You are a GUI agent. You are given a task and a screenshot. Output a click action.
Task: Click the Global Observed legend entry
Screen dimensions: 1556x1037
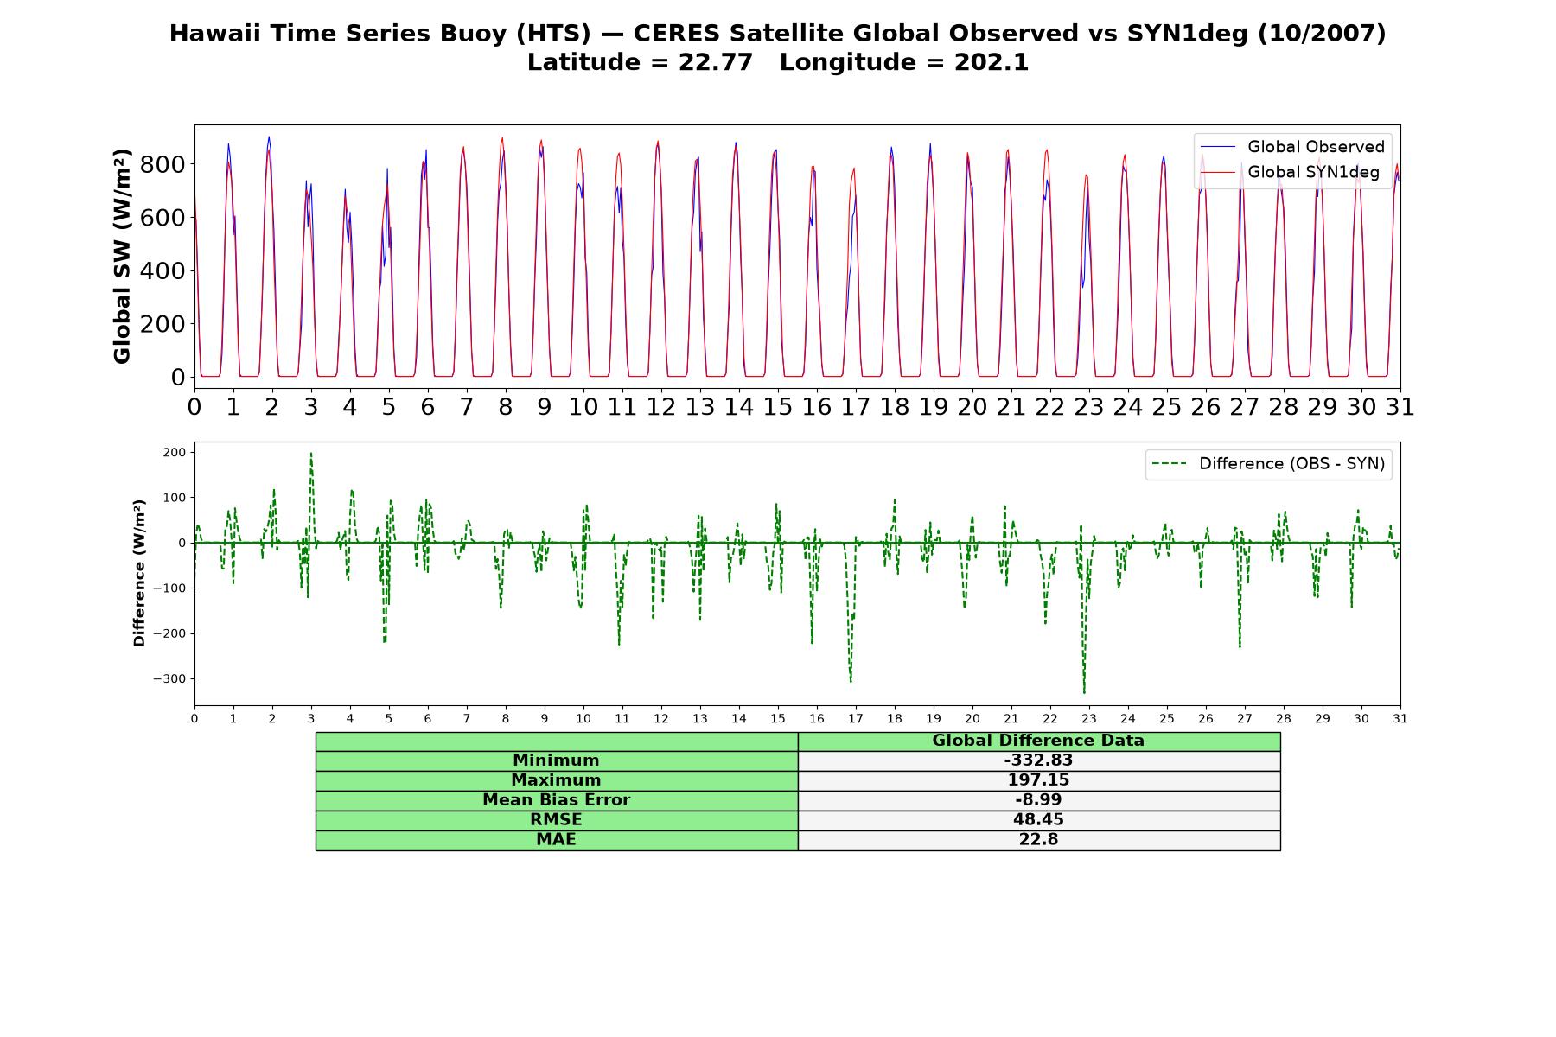pyautogui.click(x=1292, y=147)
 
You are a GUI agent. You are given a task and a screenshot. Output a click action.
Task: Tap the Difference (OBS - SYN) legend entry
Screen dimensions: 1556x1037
pyautogui.click(x=1269, y=464)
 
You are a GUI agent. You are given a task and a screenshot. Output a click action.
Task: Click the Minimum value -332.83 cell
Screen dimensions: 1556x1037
pyautogui.click(x=1038, y=760)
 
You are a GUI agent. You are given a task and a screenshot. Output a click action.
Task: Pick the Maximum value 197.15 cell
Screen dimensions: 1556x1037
pyautogui.click(x=1038, y=780)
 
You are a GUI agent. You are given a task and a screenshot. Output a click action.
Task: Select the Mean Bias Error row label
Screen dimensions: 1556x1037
pyautogui.click(x=556, y=800)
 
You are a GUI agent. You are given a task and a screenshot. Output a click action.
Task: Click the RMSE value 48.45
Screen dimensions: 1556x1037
pyautogui.click(x=1038, y=819)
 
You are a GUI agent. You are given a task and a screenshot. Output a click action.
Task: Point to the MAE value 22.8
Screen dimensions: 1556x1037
pyautogui.click(x=1038, y=839)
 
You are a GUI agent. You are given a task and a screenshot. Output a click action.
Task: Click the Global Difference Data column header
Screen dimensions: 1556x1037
pyautogui.click(x=1038, y=741)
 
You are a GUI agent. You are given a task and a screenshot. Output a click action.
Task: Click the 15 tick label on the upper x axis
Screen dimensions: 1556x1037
pyautogui.click(x=777, y=407)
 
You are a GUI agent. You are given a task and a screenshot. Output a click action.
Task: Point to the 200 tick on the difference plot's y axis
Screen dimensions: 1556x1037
pyautogui.click(x=175, y=452)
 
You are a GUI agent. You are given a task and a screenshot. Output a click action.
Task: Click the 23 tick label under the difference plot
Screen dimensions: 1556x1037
pyautogui.click(x=1089, y=719)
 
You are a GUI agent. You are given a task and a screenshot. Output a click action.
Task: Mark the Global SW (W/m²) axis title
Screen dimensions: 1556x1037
pyautogui.click(x=122, y=256)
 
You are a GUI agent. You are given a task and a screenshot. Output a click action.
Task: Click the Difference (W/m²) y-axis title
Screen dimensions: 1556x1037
pyautogui.click(x=139, y=573)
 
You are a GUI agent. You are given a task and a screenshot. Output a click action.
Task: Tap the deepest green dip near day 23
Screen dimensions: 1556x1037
pyautogui.click(x=1084, y=692)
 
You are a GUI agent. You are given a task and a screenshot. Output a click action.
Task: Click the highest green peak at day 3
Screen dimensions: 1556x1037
pyautogui.click(x=311, y=454)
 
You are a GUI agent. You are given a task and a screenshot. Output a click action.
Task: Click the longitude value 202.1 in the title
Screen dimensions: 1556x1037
pyautogui.click(x=992, y=63)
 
